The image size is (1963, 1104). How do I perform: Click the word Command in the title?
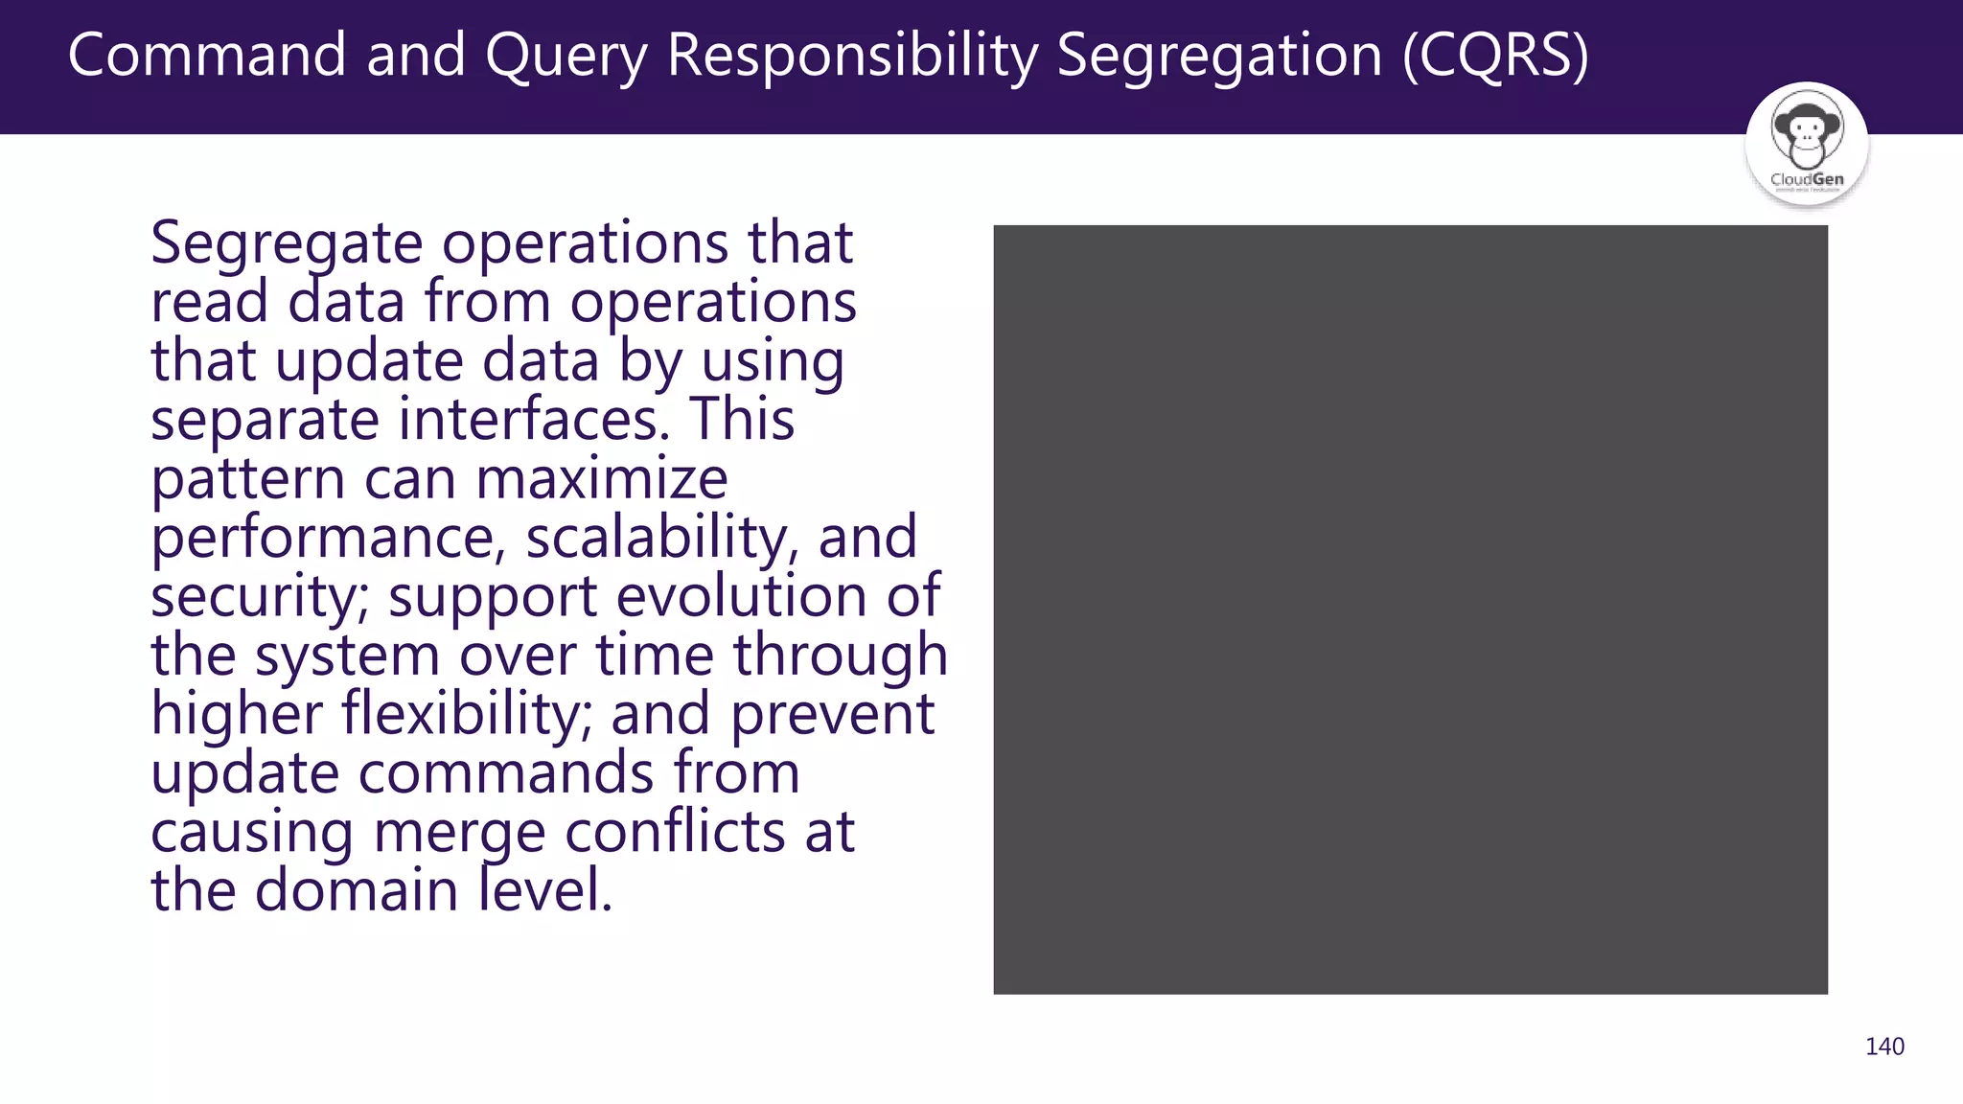pos(207,55)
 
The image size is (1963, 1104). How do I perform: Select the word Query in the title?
pos(566,57)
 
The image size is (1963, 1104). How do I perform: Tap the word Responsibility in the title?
pos(852,56)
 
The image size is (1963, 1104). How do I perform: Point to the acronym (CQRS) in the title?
pos(1495,56)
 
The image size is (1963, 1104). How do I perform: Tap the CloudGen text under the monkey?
pos(1807,179)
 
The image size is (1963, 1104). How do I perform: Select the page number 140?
pos(1884,1046)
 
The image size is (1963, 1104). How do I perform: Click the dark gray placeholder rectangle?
pos(1410,609)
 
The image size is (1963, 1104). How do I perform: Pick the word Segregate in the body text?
pos(287,243)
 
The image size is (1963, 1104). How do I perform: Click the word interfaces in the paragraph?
pos(534,420)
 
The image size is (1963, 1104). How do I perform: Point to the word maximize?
pos(602,478)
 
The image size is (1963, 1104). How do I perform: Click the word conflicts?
pos(676,832)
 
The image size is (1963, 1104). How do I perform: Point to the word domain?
pos(357,890)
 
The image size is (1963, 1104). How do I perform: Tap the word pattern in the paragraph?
pos(247,479)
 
